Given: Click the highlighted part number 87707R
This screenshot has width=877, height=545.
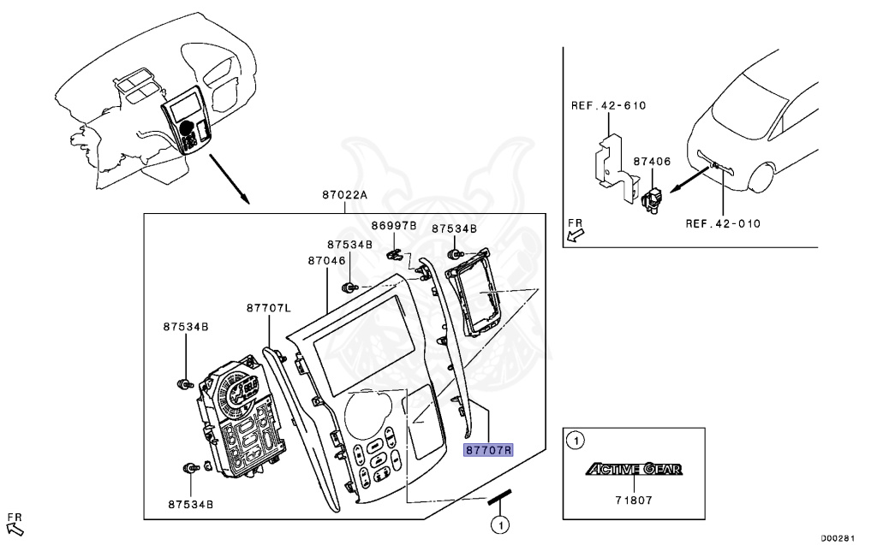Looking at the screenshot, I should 487,450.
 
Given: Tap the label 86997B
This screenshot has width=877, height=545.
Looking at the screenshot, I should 393,226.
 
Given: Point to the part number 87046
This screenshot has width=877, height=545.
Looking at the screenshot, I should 325,260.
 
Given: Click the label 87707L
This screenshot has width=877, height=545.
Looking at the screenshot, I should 269,307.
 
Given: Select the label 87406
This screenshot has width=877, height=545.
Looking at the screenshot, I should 652,161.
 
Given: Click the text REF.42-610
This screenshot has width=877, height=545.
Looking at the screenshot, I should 608,106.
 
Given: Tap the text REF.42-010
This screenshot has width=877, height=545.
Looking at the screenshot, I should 723,224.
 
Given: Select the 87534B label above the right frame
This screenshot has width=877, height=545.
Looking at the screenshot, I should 454,229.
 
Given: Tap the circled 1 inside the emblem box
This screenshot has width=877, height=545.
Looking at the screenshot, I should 577,441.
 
